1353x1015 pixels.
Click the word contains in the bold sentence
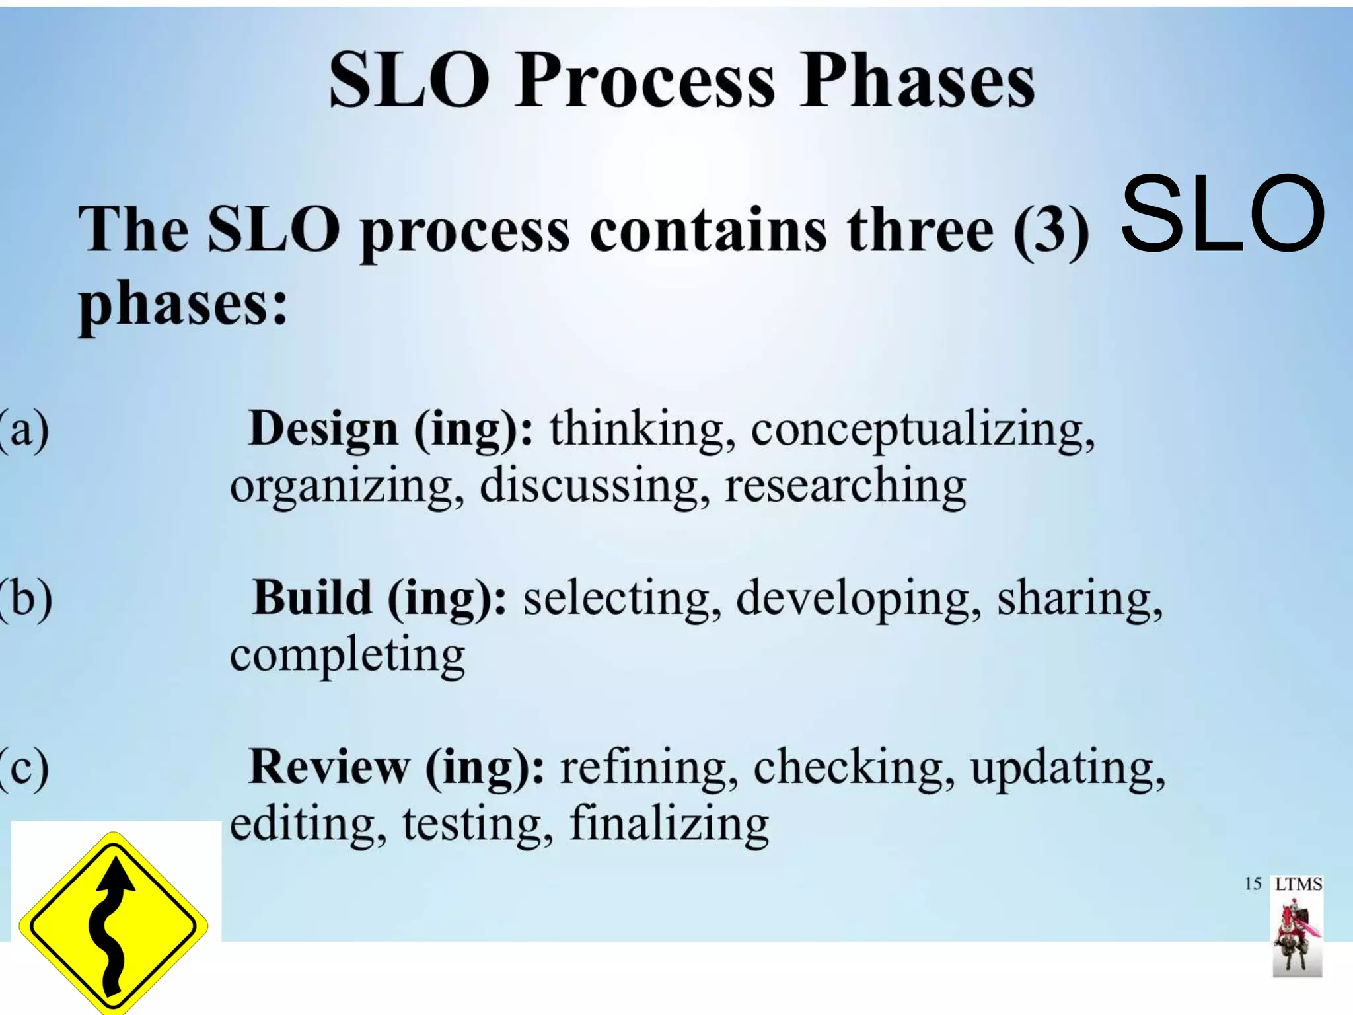coord(708,229)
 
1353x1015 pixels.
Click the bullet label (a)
coord(25,430)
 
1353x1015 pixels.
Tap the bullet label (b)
coord(26,598)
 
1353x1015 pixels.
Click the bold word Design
coord(324,430)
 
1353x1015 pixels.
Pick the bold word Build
coord(312,598)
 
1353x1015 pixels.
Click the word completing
coord(347,656)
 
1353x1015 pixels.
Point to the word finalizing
coord(669,824)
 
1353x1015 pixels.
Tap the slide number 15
coord(1253,883)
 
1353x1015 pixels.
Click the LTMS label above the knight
coord(1298,884)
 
